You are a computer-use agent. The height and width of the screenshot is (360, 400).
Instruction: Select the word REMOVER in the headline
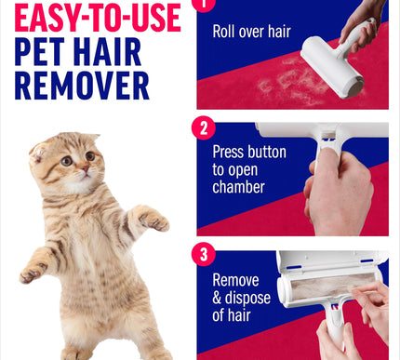pos(81,86)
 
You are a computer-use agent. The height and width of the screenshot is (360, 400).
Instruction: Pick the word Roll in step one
pos(224,32)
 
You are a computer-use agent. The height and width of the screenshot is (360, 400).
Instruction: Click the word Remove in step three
pos(236,279)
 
